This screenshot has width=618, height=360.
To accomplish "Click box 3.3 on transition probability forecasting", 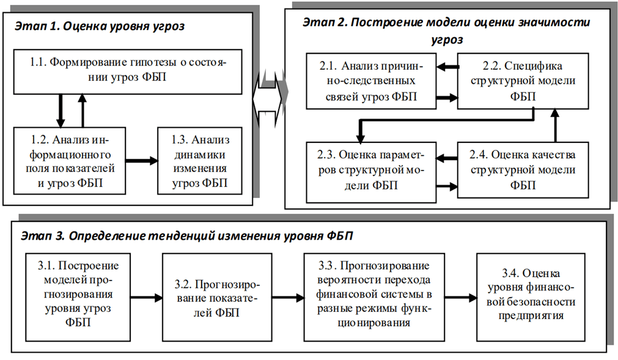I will click(376, 295).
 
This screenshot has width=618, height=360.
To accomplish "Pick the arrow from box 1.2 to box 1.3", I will click(141, 161).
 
